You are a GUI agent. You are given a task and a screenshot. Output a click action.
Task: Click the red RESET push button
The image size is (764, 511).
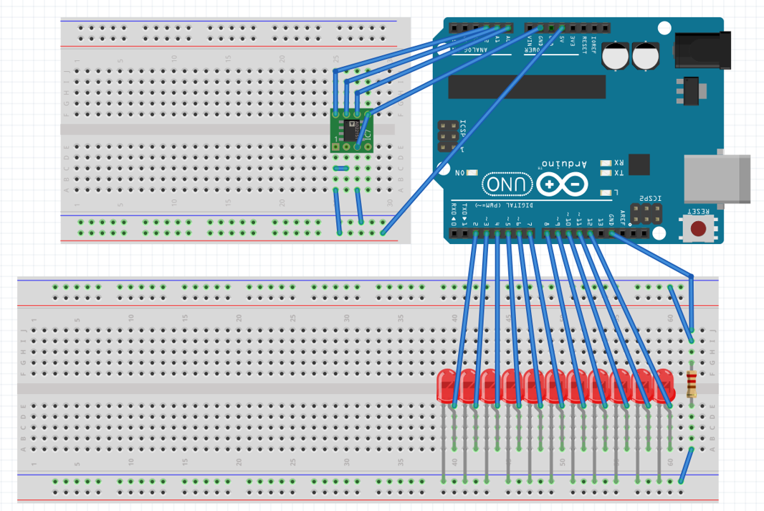pyautogui.click(x=698, y=229)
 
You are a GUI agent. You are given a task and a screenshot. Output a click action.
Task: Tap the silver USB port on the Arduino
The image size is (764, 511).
pyautogui.click(x=717, y=179)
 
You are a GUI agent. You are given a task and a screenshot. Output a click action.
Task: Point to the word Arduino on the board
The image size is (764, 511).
pyautogui.click(x=564, y=164)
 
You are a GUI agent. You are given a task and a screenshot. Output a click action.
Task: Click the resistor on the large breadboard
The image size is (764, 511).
pyautogui.click(x=692, y=384)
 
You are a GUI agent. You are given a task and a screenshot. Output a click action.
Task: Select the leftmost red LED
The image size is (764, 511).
pyautogui.click(x=447, y=386)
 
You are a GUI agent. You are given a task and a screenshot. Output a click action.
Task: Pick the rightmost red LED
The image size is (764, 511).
pyautogui.click(x=664, y=386)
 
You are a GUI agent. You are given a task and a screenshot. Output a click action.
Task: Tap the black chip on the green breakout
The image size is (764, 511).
pyautogui.click(x=351, y=131)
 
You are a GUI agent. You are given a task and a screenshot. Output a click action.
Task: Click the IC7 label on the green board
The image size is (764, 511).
pyautogui.click(x=366, y=133)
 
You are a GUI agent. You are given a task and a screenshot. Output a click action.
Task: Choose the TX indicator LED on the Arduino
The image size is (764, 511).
pyautogui.click(x=606, y=173)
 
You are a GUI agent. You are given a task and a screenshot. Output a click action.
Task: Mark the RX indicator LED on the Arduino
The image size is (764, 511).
pyautogui.click(x=606, y=163)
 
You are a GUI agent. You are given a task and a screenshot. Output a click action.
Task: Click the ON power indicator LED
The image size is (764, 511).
pyautogui.click(x=472, y=172)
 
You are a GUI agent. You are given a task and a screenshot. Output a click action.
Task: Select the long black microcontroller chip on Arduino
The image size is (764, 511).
pyautogui.click(x=527, y=87)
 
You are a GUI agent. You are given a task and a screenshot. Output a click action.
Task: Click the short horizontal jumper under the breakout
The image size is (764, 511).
pyautogui.click(x=342, y=169)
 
